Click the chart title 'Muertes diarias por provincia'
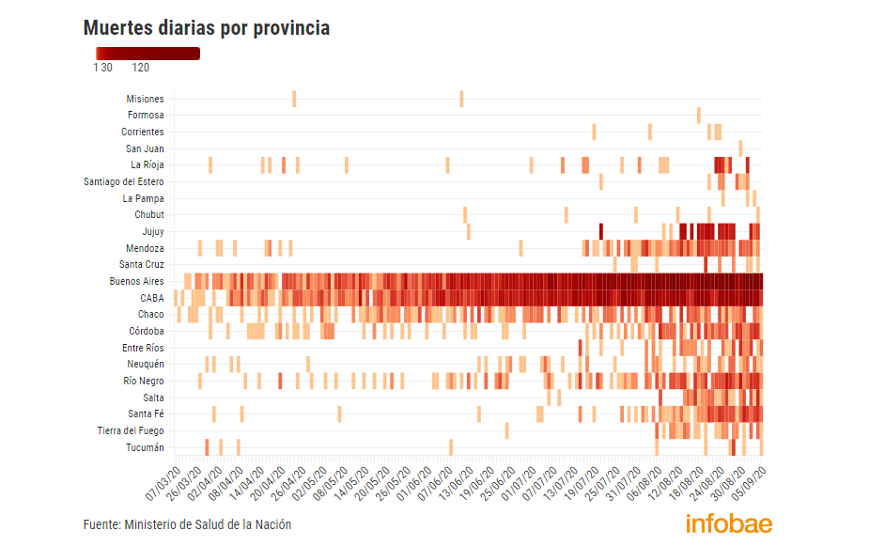207,28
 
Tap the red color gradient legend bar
147,54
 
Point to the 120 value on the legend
141,68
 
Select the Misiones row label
145,99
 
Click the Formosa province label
146,116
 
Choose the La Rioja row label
147,165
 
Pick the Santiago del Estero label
123,181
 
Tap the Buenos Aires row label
136,281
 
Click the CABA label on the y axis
152,298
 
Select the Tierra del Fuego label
131,430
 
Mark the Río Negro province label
143,381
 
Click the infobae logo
728,523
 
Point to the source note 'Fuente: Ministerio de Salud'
187,524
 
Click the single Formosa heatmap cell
698,115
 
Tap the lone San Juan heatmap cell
740,148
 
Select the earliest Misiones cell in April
294,99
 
